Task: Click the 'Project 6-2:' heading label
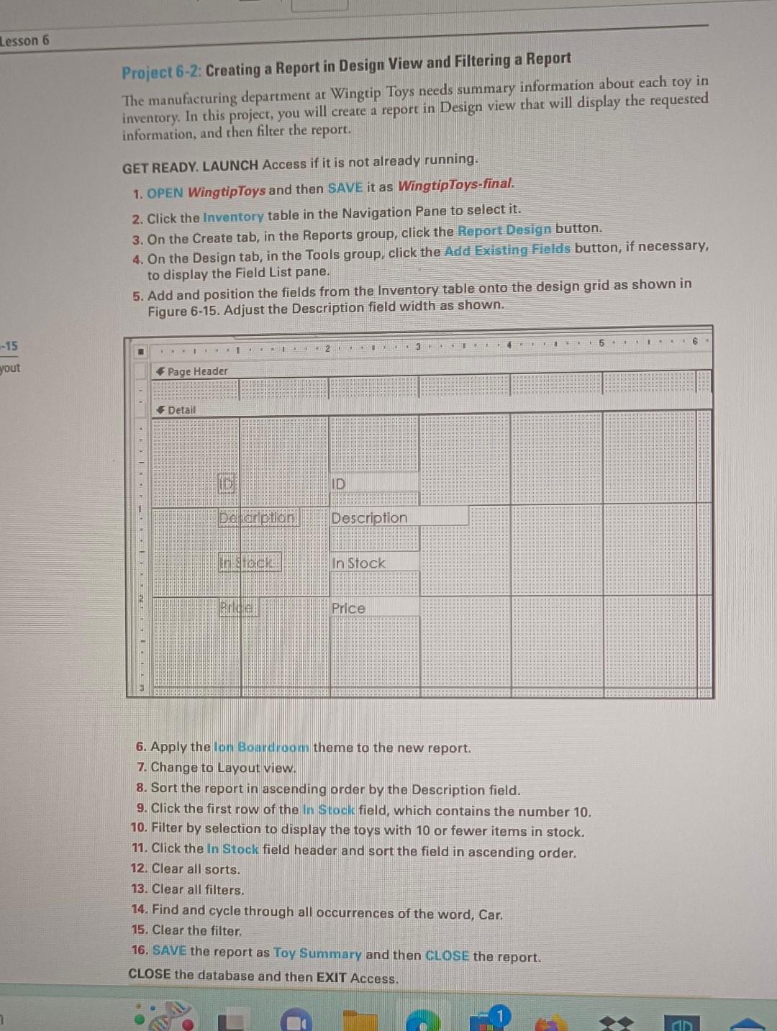click(162, 72)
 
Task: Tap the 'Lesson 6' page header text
click(25, 40)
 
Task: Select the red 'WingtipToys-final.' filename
click(456, 185)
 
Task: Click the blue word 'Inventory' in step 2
click(233, 217)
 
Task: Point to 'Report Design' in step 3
click(504, 230)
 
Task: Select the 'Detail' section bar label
click(181, 410)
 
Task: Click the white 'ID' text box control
click(373, 483)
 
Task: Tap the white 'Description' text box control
click(399, 517)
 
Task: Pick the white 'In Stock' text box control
click(373, 563)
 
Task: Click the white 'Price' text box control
click(373, 608)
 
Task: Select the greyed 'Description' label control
click(258, 517)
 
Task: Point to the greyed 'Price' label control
click(237, 608)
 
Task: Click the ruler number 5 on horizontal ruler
click(602, 342)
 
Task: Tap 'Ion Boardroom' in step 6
click(261, 748)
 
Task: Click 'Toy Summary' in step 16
click(317, 953)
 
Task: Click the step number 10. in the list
click(139, 828)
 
